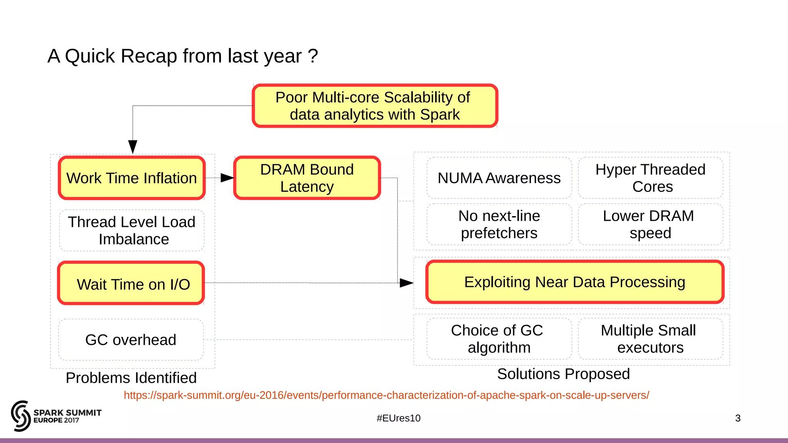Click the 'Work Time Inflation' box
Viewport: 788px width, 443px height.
click(x=132, y=178)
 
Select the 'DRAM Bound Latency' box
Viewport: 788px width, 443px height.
click(x=307, y=178)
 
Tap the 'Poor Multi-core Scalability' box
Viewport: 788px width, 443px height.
click(x=375, y=106)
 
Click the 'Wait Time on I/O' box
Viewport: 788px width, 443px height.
click(x=131, y=283)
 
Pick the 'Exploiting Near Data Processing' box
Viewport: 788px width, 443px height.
click(x=574, y=282)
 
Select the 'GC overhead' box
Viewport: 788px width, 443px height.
click(x=131, y=340)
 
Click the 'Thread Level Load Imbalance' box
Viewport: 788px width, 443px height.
click(x=132, y=230)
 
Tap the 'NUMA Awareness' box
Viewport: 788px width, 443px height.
click(x=499, y=178)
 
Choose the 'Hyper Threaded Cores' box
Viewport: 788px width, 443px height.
click(x=650, y=178)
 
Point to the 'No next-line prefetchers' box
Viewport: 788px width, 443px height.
click(x=499, y=225)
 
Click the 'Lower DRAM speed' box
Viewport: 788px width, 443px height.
click(x=650, y=225)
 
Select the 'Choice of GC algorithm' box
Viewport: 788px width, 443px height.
click(x=499, y=339)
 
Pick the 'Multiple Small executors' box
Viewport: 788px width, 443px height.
click(x=650, y=339)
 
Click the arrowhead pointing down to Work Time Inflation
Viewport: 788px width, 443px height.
click(x=133, y=147)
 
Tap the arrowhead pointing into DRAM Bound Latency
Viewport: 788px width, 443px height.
click(x=227, y=178)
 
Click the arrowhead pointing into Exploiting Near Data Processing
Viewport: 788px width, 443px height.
click(x=406, y=283)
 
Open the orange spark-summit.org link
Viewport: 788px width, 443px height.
click(x=386, y=395)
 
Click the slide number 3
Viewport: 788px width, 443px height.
click(x=738, y=418)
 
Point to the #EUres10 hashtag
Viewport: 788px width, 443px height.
click(x=399, y=418)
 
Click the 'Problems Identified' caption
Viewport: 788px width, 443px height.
click(x=131, y=378)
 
